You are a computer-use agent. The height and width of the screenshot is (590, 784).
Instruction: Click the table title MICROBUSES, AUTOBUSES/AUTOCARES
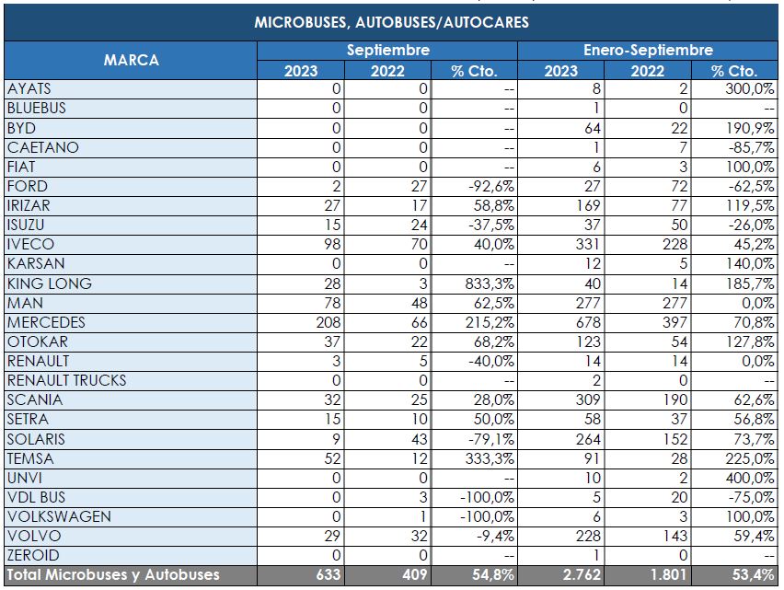coord(391,22)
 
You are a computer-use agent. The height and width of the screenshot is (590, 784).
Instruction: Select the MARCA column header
coord(131,60)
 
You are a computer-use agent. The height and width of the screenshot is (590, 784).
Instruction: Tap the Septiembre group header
coord(387,51)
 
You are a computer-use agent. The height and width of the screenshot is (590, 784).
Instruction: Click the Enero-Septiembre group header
coord(648,51)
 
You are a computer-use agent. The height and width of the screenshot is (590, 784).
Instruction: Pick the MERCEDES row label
coord(46,322)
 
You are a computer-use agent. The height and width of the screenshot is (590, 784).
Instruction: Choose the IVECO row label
coord(30,245)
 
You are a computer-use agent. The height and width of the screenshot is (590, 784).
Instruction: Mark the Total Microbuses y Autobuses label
coord(113,575)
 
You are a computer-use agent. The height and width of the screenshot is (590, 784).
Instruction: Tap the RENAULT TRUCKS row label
coord(67,380)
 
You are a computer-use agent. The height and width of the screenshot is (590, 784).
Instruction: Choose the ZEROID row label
coord(33,555)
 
